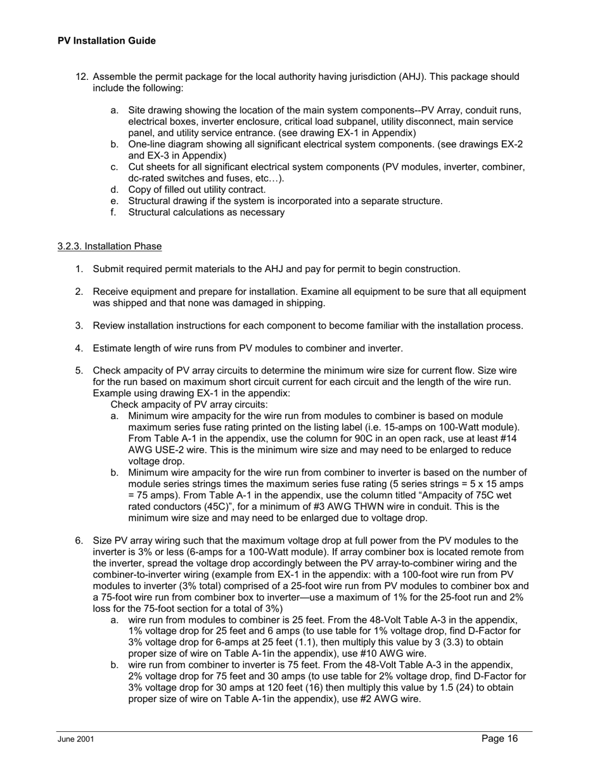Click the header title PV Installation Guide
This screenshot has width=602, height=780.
[106, 41]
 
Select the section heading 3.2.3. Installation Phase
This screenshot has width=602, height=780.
[109, 246]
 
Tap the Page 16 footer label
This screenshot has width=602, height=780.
[499, 738]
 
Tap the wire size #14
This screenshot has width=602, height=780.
[517, 439]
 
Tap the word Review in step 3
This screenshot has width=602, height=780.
[109, 326]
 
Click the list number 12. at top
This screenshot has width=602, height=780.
[82, 77]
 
